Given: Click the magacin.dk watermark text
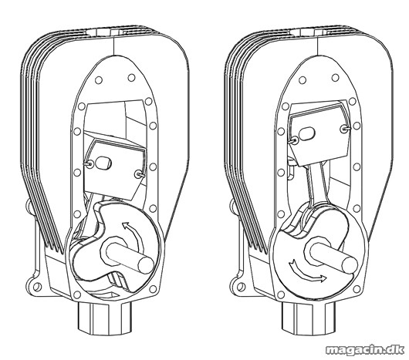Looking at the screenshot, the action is [x=365, y=349].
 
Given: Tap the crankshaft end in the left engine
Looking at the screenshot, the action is [x=146, y=265].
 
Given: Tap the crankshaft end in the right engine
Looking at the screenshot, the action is [x=349, y=264].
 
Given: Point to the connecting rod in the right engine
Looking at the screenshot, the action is [x=317, y=183].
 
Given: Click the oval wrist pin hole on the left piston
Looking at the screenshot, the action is [x=104, y=163].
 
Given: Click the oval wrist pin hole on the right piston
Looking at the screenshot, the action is [x=307, y=133].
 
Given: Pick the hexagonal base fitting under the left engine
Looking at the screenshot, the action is [x=106, y=318].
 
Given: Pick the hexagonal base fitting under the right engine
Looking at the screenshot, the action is [x=309, y=318].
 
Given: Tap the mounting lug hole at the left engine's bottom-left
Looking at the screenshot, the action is [x=37, y=287].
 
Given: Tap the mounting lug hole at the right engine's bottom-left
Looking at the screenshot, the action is [x=241, y=287].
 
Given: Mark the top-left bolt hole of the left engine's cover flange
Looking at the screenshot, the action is [x=99, y=80].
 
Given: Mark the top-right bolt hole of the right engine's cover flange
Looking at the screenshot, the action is [x=335, y=77].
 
